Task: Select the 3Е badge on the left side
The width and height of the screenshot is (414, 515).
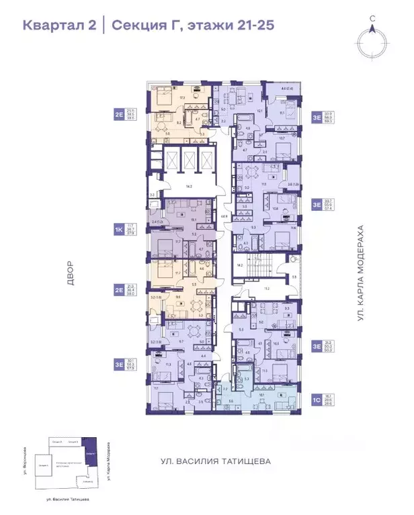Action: pyautogui.click(x=119, y=364)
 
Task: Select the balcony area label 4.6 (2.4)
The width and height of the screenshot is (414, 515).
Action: pyautogui.click(x=284, y=89)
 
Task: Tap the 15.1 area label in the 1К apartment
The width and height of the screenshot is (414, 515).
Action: pyautogui.click(x=193, y=219)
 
